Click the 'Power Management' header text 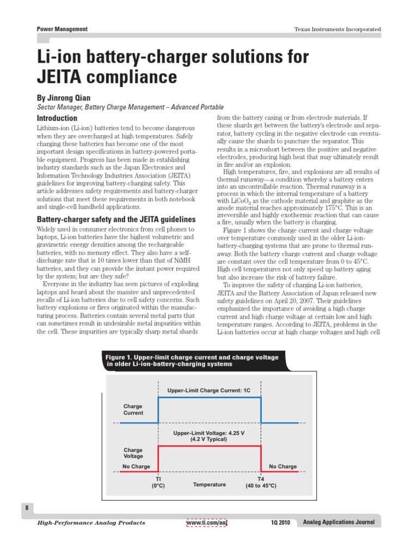coord(62,29)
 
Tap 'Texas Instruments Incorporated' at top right coord(337,29)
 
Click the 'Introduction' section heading coord(57,118)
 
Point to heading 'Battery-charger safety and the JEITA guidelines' coord(116,219)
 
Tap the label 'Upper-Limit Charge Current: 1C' coord(209,391)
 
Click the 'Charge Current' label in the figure coord(133,410)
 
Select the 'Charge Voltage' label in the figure coord(133,453)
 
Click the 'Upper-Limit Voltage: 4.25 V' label coord(209,433)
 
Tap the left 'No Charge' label coord(136,466)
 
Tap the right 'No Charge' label coord(283,466)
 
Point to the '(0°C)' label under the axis coord(158,485)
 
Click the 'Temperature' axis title coord(209,484)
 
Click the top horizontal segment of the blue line coord(209,397)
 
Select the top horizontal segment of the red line coord(209,446)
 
